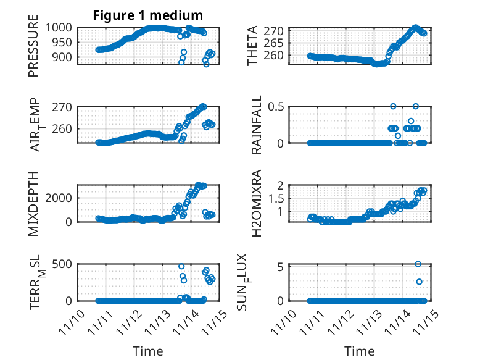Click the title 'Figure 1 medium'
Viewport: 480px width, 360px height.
tap(147, 15)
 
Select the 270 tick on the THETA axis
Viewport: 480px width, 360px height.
tap(276, 31)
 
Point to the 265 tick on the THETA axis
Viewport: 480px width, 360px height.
tap(276, 43)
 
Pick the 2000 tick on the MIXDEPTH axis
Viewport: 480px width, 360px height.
tap(64, 198)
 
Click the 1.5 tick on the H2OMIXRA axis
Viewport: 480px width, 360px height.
tap(276, 198)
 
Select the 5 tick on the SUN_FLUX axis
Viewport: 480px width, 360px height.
tap(281, 267)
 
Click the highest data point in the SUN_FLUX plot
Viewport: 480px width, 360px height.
tap(418, 264)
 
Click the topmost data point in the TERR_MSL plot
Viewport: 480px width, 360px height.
tap(181, 266)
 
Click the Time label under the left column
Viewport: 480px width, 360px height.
tap(148, 351)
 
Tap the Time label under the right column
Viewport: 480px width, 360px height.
tap(359, 351)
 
